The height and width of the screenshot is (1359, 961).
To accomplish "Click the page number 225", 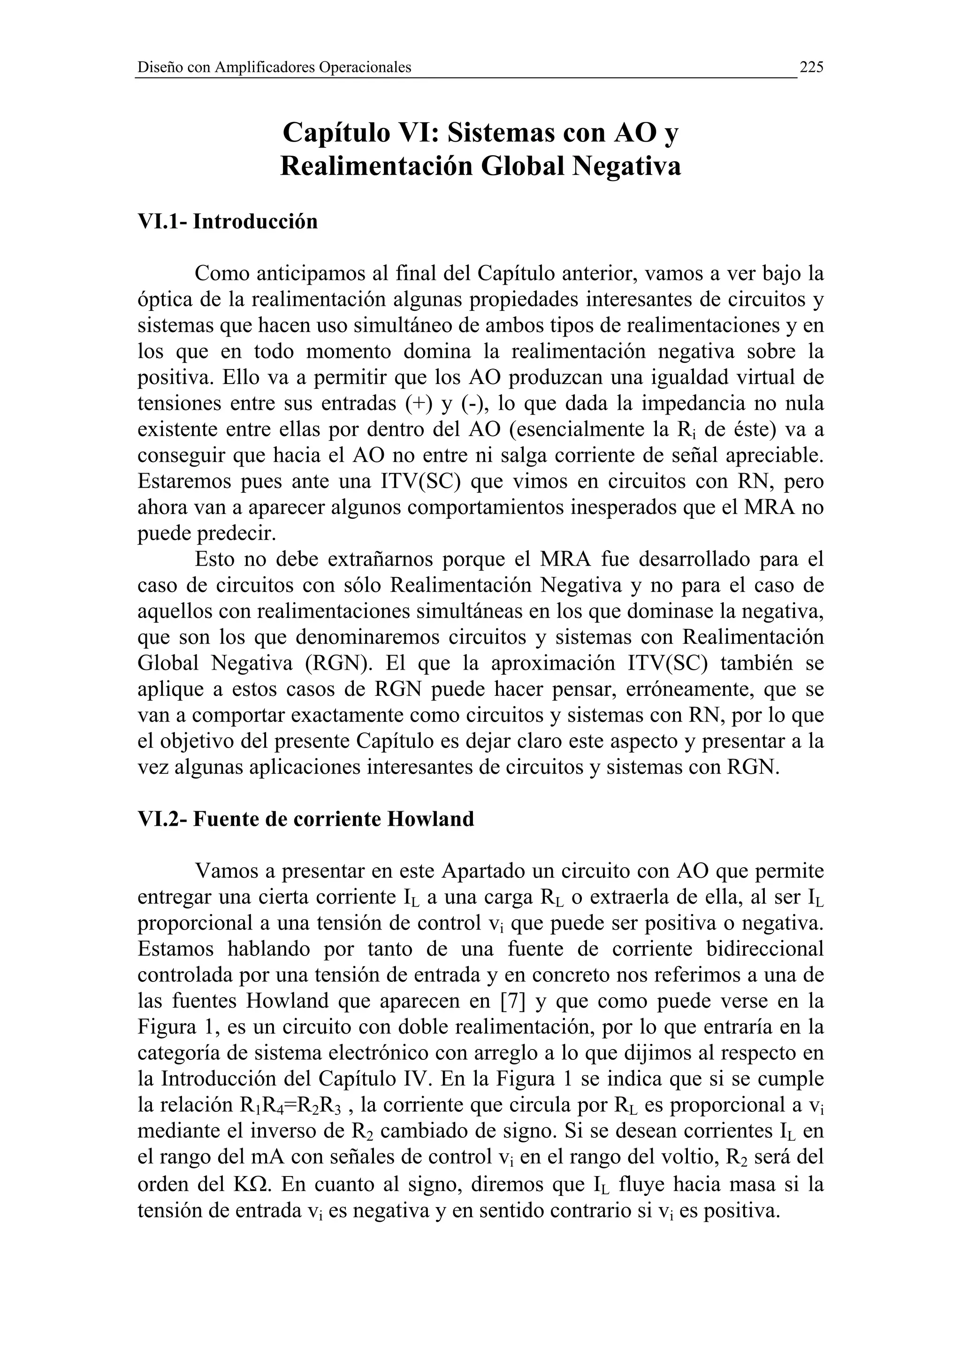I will pos(811,67).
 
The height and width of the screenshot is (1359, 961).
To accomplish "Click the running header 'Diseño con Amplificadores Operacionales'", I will pos(274,68).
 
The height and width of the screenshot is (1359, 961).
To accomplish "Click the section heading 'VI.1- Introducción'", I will pos(228,221).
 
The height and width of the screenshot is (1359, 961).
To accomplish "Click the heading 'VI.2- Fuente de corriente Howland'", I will pos(305,819).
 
